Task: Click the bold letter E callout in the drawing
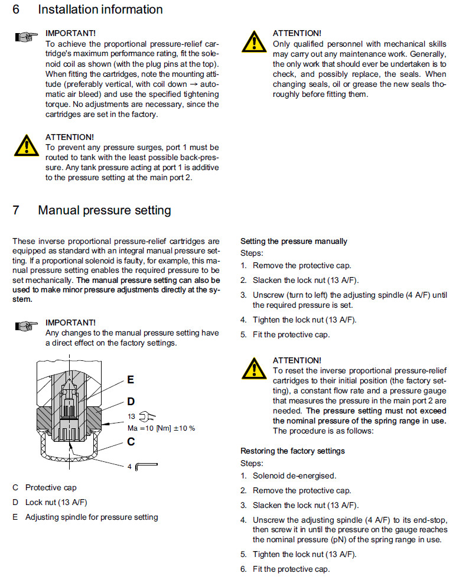click(x=131, y=380)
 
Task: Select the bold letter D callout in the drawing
click(x=131, y=402)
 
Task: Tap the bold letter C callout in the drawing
click(x=131, y=440)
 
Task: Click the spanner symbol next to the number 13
click(x=143, y=416)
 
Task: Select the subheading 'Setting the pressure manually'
click(x=294, y=241)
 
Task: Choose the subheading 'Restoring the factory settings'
click(x=292, y=451)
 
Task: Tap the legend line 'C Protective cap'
click(x=44, y=488)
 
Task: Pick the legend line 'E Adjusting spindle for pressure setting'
click(x=86, y=517)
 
